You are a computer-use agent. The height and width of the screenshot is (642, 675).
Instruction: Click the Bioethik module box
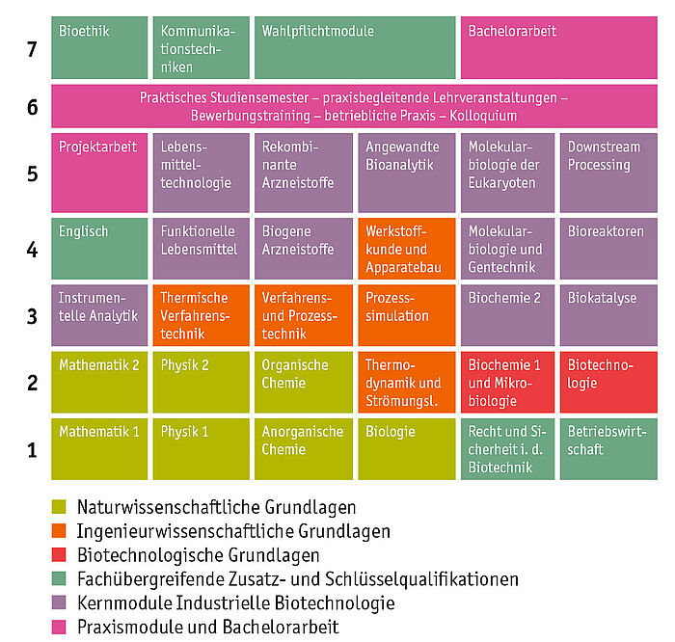99,48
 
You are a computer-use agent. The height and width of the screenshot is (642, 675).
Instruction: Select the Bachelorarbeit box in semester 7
558,48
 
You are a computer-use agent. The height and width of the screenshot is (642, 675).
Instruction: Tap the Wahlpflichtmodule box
355,48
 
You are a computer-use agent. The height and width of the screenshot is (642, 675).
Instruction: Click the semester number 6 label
32,107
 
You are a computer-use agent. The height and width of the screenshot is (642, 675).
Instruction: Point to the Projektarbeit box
99,173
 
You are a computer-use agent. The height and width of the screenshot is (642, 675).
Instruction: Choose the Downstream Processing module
608,173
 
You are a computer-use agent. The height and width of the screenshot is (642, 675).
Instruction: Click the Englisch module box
99,249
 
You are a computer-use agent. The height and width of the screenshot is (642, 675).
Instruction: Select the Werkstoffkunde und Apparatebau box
406,249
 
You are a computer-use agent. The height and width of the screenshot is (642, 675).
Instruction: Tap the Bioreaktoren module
608,249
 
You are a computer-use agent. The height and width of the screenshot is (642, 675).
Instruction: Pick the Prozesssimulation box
406,315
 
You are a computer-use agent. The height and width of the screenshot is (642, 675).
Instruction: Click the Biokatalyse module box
608,315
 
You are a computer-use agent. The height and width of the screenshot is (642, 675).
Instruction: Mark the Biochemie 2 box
507,315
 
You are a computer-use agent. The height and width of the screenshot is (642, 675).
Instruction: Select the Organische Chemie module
304,383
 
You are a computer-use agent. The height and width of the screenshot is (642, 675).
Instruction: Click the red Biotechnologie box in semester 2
608,383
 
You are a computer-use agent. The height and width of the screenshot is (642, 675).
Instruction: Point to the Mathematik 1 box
99,449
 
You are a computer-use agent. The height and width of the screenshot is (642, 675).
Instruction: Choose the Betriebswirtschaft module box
608,449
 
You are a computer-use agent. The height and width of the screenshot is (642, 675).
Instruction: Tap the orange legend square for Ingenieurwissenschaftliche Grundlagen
59,530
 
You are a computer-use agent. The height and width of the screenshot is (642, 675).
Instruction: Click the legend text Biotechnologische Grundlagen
199,555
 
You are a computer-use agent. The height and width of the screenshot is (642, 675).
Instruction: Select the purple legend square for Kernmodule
59,602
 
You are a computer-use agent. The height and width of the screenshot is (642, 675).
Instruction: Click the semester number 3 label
32,316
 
